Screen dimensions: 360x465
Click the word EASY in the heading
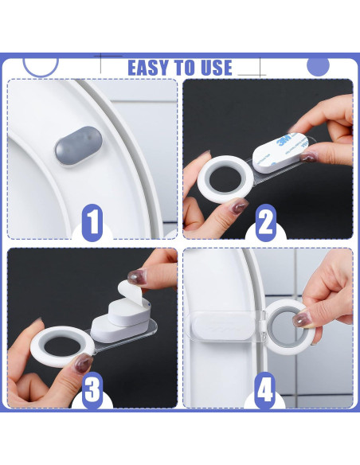point(148,68)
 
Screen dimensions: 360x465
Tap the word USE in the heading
point(216,68)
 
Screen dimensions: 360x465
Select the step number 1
point(92,223)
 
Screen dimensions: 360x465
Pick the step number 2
point(265,223)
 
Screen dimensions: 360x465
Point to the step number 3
point(92,390)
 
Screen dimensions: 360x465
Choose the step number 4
point(264,390)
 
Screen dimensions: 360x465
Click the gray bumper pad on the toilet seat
point(79,145)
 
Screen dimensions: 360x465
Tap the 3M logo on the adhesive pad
point(285,141)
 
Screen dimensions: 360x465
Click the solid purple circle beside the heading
point(319,65)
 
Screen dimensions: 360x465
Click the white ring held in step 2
point(225,179)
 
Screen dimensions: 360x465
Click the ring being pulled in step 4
point(284,327)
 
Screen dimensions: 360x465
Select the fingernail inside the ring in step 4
point(301,319)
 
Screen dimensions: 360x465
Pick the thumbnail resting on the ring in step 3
point(83,363)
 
